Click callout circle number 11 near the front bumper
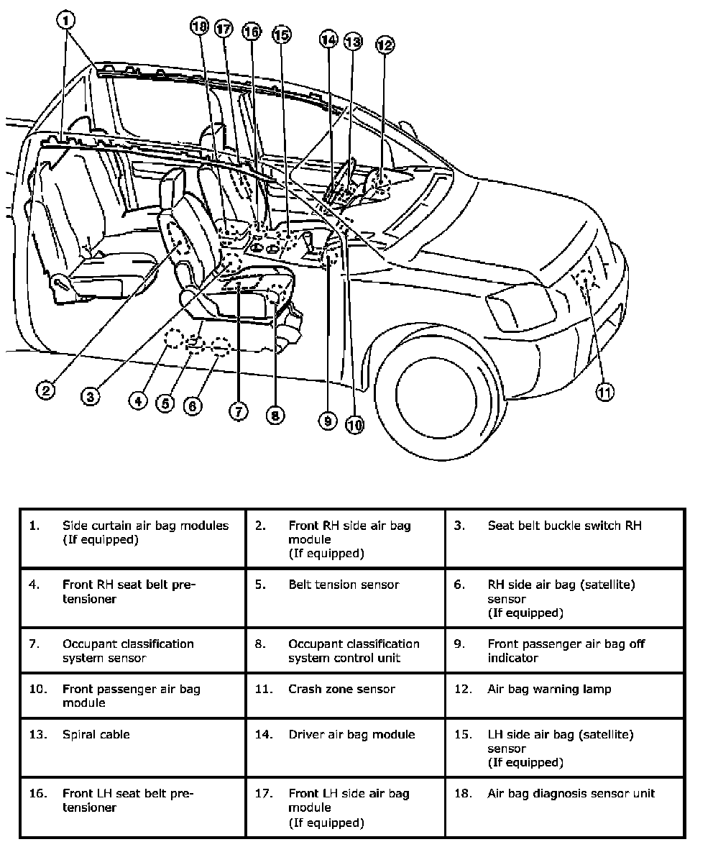pos(604,392)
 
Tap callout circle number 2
pos(46,390)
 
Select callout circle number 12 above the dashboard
pos(385,45)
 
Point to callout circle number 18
pos(199,27)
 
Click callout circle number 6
pos(193,406)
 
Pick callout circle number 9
pos(328,421)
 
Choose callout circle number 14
pos(328,40)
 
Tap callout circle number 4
pos(139,400)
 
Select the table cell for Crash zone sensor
pos(345,695)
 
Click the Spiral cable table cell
pos(133,747)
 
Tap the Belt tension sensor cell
pos(345,597)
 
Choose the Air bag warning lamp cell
pos(565,695)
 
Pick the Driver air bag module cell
pos(345,747)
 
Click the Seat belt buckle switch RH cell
pos(565,538)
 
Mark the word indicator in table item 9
pos(512,658)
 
